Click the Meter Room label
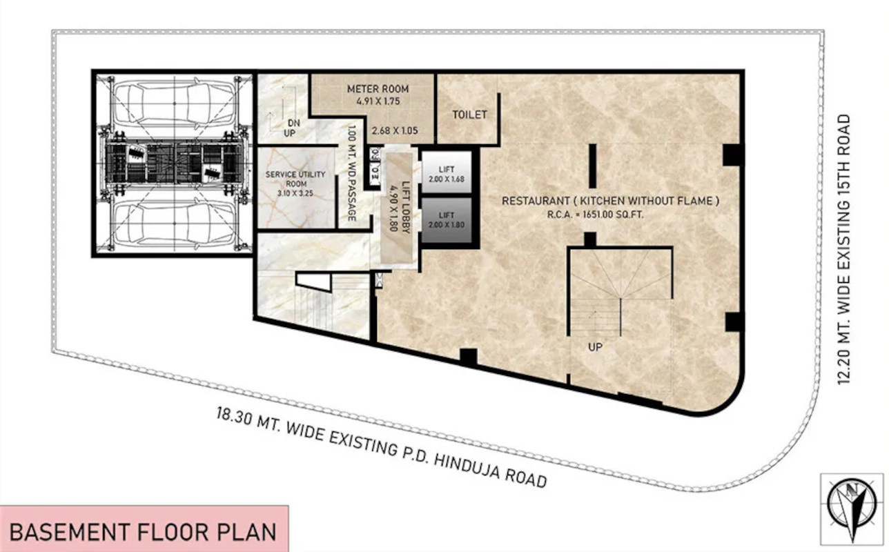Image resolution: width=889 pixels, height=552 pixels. coord(378,89)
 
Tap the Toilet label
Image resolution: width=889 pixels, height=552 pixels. coord(469,115)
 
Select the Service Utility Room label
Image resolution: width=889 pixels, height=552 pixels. coord(295,179)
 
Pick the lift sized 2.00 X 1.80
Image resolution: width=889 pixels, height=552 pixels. coord(447,220)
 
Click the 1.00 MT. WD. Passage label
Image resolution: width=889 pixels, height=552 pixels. coord(351,173)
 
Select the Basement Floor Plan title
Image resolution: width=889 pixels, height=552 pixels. coord(143,532)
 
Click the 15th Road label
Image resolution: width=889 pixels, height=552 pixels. coord(843,249)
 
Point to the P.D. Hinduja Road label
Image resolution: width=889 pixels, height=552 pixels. coord(381,447)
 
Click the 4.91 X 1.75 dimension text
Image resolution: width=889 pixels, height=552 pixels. coord(378,101)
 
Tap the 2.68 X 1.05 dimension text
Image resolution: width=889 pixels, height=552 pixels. coord(395,130)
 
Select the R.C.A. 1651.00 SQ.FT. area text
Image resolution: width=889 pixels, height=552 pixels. coord(595,215)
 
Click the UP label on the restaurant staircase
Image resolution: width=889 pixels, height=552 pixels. coord(595,347)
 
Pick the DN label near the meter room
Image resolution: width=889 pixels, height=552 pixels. coord(294,123)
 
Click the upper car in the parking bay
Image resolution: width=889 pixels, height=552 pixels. coord(175,103)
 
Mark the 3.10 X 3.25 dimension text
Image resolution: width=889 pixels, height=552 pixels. coord(295,193)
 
